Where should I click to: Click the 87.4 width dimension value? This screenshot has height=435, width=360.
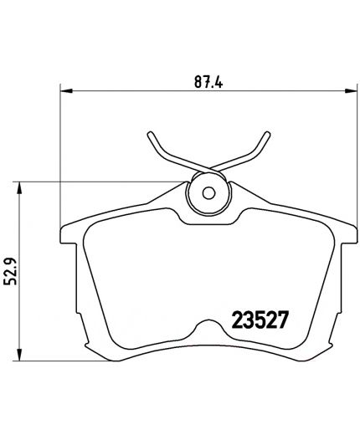pyautogui.click(x=205, y=82)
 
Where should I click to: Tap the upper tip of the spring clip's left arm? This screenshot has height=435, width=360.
pyautogui.click(x=150, y=134)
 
